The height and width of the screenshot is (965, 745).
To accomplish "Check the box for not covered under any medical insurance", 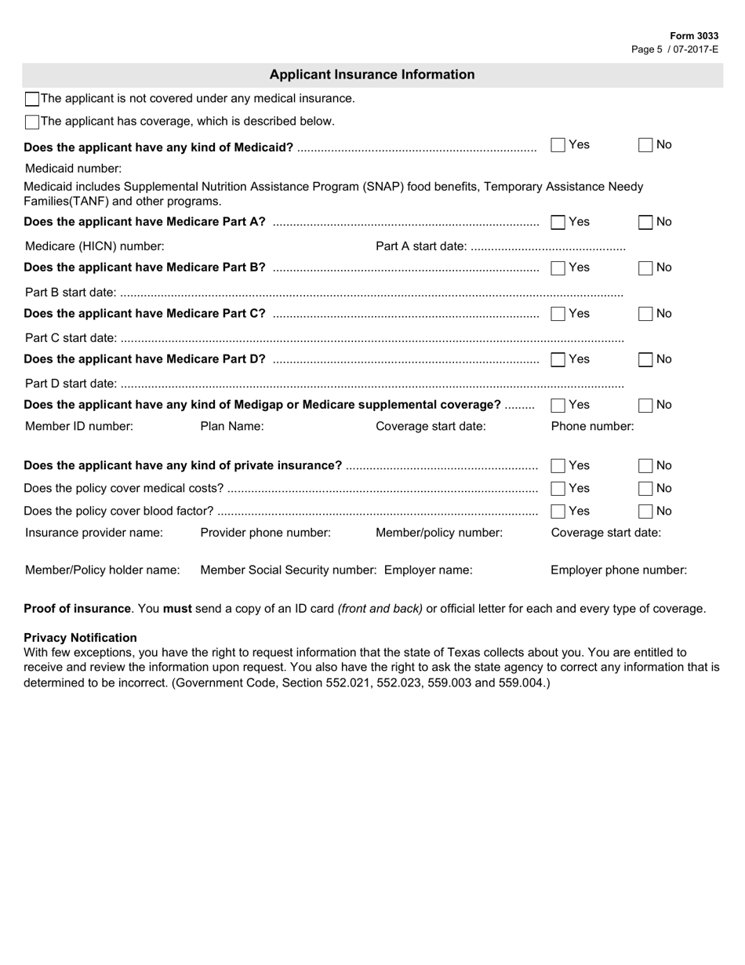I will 32,99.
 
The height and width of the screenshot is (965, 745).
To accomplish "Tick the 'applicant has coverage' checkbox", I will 32,122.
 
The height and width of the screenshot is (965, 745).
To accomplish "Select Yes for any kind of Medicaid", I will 558,144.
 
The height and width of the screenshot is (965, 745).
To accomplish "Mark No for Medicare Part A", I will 645,222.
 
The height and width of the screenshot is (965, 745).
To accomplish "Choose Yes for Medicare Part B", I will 558,268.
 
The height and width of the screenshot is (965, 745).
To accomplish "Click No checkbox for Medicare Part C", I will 645,314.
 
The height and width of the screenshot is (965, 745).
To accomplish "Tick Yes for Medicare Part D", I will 558,359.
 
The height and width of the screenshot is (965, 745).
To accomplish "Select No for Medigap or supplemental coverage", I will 645,406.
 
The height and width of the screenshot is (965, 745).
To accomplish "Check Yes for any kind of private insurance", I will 558,466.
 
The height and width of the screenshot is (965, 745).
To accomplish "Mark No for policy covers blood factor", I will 645,512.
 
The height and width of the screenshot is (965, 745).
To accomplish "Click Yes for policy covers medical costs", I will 558,489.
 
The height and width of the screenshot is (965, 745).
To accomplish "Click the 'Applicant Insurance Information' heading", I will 372,75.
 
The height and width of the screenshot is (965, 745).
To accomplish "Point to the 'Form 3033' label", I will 694,36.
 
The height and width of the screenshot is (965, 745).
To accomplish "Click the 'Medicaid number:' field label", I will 74,168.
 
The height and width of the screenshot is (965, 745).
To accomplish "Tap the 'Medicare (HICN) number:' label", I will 95,246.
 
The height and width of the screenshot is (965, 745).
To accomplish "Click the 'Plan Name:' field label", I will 232,426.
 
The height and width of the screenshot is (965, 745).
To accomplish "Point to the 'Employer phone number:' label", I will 619,570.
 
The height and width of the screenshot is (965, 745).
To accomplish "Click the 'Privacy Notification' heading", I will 80,637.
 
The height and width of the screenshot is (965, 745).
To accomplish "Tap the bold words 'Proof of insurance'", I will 77,608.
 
